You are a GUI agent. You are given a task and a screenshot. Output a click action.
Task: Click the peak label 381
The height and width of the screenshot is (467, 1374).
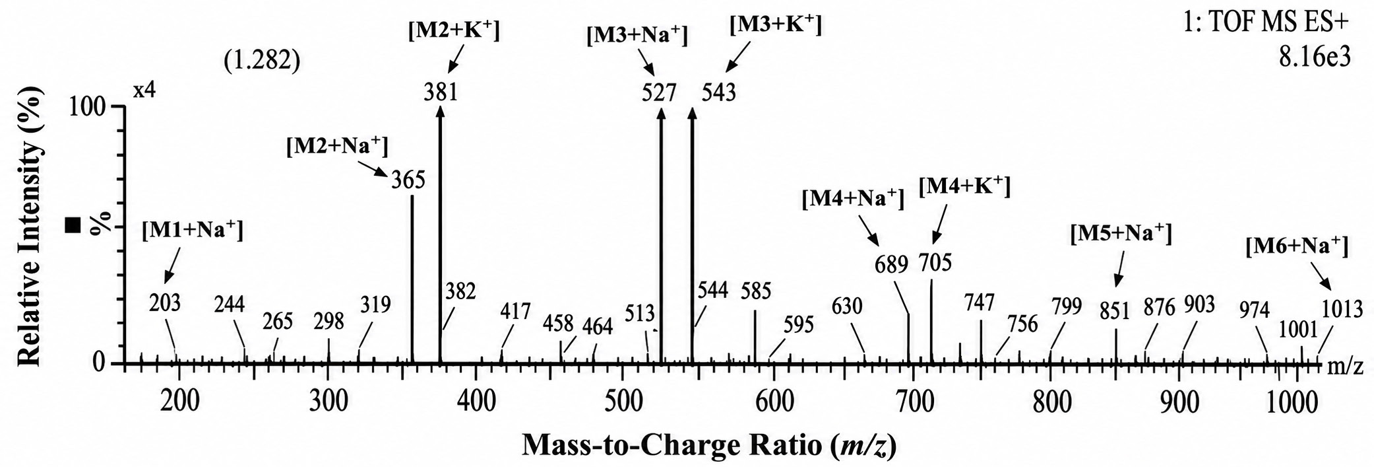tap(441, 92)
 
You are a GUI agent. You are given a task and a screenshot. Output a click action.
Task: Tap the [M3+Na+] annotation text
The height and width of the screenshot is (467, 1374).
tap(637, 35)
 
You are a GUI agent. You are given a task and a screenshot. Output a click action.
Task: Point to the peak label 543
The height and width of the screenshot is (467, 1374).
tap(718, 92)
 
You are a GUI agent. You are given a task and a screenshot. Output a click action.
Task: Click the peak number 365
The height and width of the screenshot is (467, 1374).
tap(408, 180)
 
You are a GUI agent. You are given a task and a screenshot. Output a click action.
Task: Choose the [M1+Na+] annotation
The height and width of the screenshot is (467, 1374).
tap(193, 231)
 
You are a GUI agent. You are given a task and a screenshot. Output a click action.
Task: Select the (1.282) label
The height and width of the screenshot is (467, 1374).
tap(261, 61)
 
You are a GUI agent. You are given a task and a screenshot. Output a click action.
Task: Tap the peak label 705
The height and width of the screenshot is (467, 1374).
tap(935, 263)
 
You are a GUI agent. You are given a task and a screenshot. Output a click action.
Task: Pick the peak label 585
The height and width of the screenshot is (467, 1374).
tap(756, 291)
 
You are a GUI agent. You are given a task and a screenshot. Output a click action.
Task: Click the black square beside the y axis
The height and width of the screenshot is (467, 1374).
tap(73, 226)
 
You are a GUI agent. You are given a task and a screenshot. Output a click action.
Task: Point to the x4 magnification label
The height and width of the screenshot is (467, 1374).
tap(144, 90)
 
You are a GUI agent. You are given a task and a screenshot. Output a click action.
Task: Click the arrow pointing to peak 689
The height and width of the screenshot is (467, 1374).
tap(869, 231)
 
